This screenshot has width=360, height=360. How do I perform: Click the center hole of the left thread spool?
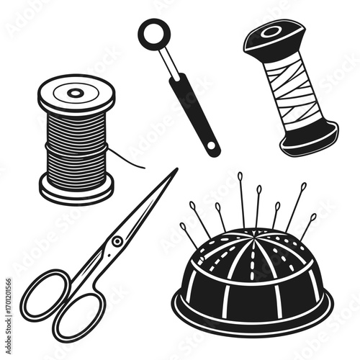(x=76, y=92)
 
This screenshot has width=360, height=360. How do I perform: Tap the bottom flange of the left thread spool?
(x=76, y=190)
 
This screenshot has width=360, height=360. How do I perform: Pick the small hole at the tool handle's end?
(x=211, y=148)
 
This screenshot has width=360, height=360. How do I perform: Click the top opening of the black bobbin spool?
(x=271, y=32)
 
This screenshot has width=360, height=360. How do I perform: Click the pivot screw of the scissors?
(x=116, y=242)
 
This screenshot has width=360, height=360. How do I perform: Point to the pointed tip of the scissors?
(x=175, y=171)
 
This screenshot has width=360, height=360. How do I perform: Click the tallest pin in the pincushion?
(x=240, y=194)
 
